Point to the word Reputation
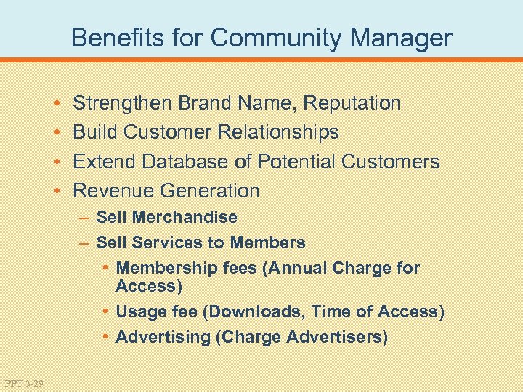[352, 103]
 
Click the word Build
[96, 132]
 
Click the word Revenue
[114, 191]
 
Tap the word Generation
[210, 191]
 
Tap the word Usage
[139, 312]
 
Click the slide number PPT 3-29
[24, 383]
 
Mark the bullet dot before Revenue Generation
[57, 192]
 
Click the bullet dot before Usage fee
[106, 312]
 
